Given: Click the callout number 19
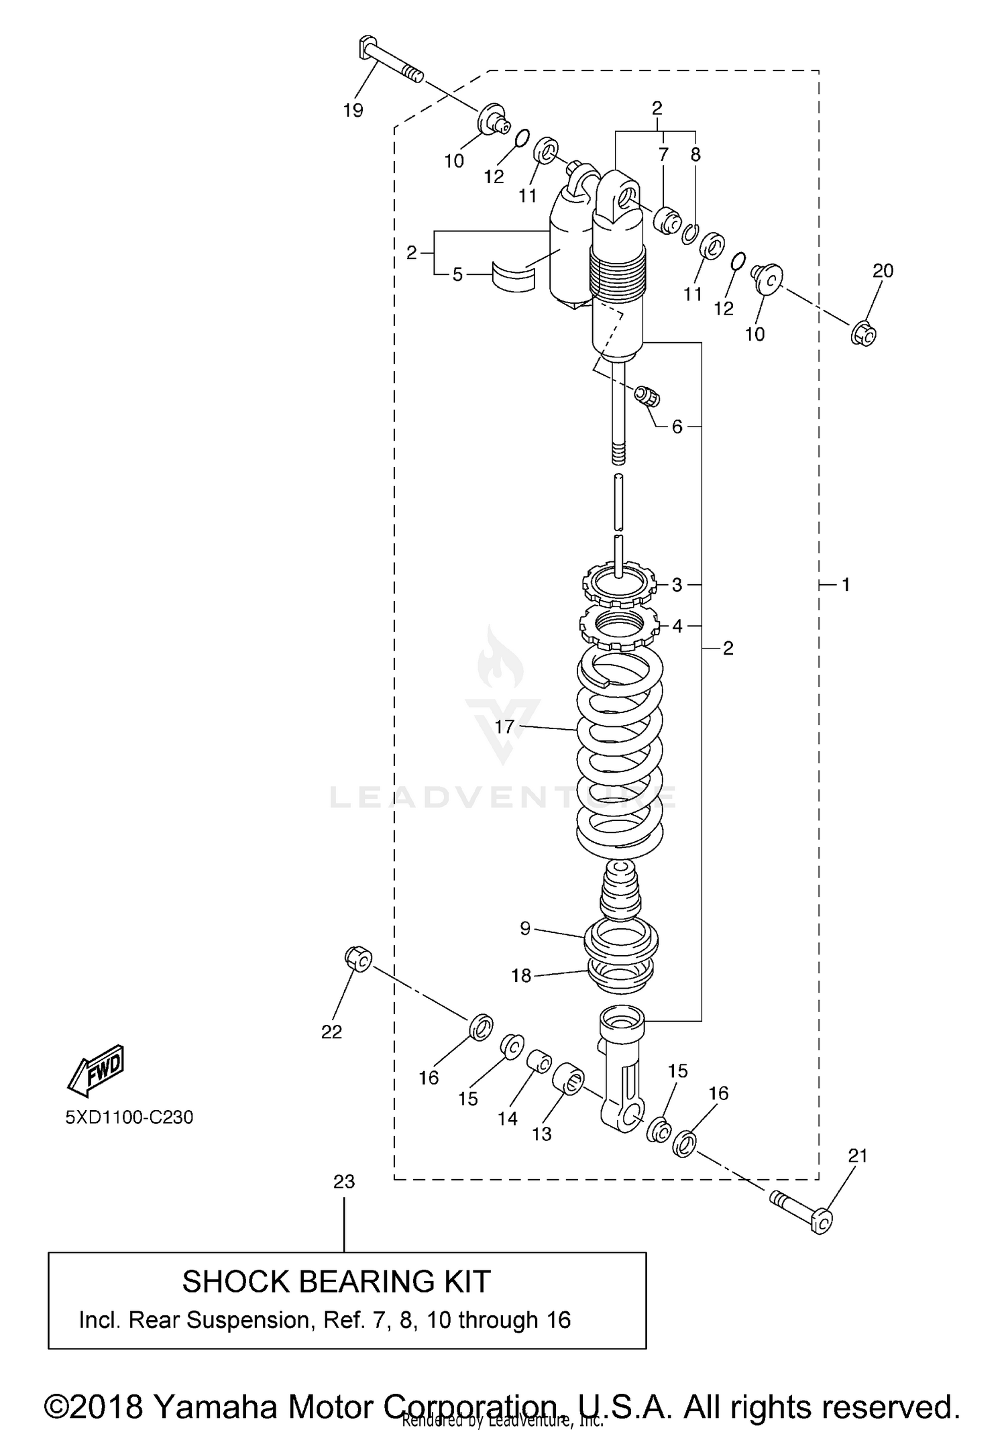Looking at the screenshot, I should tap(353, 111).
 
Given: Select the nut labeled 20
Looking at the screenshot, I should tap(864, 333).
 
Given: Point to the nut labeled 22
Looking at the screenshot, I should tap(359, 959).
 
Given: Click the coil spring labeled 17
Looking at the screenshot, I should tap(620, 758).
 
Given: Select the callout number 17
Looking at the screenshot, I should tap(504, 726).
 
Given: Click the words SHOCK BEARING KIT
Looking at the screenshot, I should tap(337, 1282).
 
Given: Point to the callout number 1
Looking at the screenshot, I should tap(846, 585).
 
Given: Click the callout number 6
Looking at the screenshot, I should tap(677, 427).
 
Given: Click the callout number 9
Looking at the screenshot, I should tap(525, 928).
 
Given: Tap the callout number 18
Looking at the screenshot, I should tap(521, 976).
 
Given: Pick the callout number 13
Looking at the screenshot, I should tap(541, 1134).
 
